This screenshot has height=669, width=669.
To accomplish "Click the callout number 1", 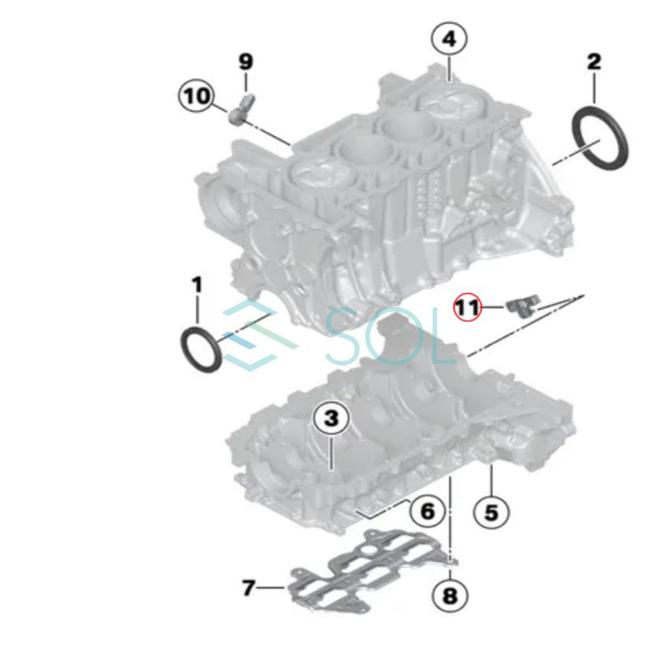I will pos(197,285).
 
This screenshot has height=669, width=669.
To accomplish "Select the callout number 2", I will pos(594,62).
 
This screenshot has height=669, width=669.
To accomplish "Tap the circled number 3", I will pos(331,419).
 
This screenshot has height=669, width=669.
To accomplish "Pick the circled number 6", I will pos(427,511).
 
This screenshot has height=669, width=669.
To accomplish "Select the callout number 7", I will pos(249,588).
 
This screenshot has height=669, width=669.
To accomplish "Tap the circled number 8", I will pos(451,595).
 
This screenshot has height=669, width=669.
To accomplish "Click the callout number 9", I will pos(246,62).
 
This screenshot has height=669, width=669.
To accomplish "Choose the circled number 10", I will pos(197,96).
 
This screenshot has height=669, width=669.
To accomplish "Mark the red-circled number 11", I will pos(468,306).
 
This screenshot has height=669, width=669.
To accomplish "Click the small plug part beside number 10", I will pos(241,110).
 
